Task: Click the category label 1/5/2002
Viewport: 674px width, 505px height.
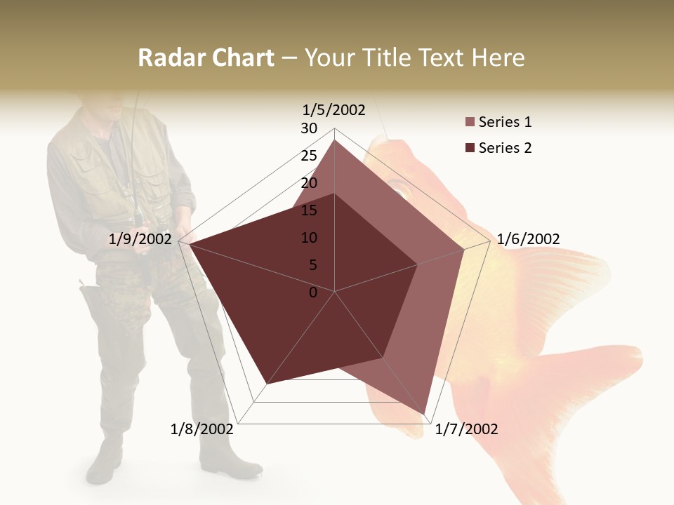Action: (334, 109)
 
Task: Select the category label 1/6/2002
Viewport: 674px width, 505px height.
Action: (528, 239)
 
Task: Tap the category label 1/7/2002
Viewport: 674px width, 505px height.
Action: (467, 429)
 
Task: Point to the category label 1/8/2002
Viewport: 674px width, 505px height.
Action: (202, 429)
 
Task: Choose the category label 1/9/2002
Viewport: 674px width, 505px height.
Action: (140, 239)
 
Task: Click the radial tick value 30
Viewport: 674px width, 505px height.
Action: (309, 128)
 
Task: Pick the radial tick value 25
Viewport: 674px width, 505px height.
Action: (309, 156)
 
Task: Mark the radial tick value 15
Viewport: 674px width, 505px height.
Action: (309, 210)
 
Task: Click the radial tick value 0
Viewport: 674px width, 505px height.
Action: (313, 292)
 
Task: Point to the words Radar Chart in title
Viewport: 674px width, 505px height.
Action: (206, 58)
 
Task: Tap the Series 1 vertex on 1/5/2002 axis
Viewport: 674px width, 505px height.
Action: (334, 140)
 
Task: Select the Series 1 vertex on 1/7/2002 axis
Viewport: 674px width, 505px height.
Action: (425, 414)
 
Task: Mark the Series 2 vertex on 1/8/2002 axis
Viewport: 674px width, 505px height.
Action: (267, 383)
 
